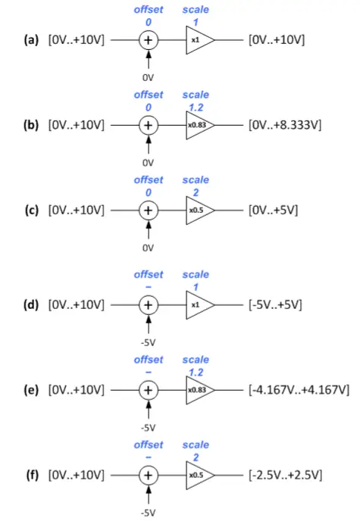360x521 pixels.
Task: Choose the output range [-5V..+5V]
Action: point(276,304)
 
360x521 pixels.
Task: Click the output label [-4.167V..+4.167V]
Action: point(298,389)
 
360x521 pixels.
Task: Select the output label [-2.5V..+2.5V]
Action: point(285,475)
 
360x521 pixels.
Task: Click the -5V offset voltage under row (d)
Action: point(149,341)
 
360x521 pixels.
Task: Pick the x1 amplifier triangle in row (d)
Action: point(198,304)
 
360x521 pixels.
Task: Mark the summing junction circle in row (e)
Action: point(149,389)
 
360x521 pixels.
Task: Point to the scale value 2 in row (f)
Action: point(196,457)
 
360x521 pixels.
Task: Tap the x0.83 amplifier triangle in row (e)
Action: point(198,389)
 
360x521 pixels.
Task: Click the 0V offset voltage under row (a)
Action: point(149,76)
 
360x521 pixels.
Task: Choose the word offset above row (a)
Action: point(149,10)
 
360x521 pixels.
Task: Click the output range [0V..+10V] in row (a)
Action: point(277,39)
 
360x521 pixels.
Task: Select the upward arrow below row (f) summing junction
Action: point(149,495)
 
